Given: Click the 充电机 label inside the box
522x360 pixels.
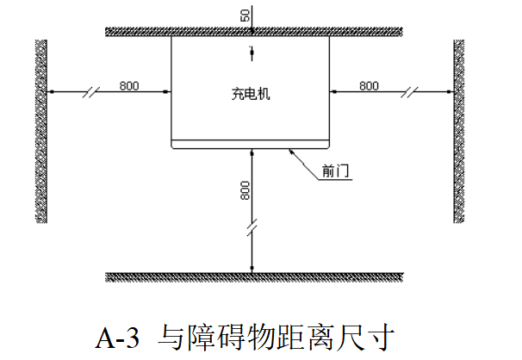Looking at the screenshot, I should [252, 95].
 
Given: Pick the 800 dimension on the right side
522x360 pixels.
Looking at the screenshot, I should [369, 84].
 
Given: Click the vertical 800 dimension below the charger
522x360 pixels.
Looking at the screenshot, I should [245, 189].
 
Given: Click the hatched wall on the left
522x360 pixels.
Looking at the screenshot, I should [40, 129].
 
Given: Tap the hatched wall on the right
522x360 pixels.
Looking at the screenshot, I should [459, 129].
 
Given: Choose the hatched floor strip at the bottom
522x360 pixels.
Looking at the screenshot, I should [253, 276].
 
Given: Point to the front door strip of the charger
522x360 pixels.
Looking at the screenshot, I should [251, 144].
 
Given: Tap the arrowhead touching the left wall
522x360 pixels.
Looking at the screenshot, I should [50, 91].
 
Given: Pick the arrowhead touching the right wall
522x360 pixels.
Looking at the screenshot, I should [451, 91].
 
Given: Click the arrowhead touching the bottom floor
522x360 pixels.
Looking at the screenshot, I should [251, 266].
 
